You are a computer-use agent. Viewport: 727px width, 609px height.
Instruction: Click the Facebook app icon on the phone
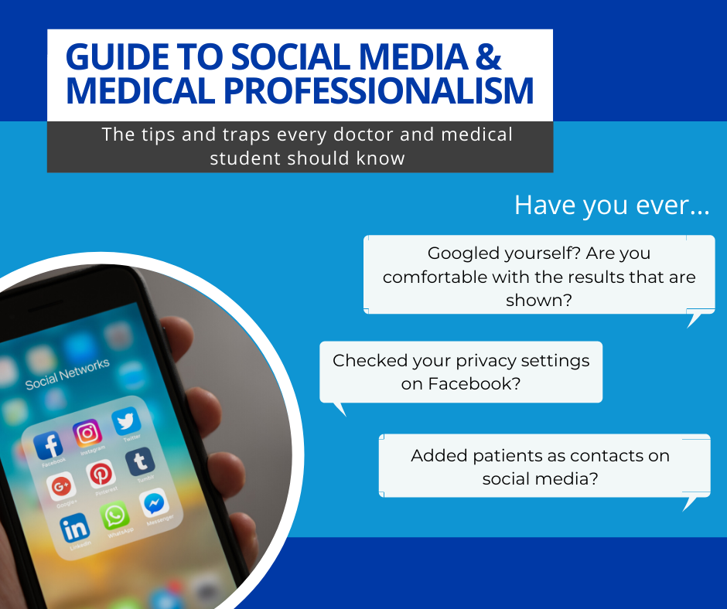pos(48,444)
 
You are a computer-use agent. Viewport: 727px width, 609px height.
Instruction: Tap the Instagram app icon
pos(87,433)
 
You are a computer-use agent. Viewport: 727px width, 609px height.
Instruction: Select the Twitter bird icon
pos(126,421)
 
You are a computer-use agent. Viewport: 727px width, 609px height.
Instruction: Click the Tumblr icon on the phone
pos(140,461)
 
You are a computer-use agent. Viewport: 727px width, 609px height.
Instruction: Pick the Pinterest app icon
pos(101,474)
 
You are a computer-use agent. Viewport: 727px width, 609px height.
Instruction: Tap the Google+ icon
pos(61,485)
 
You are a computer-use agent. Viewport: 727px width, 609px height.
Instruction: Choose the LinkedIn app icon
pos(75,527)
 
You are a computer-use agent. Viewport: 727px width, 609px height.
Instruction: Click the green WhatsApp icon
pos(114,515)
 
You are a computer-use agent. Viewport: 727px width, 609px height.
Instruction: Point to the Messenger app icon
pos(154,502)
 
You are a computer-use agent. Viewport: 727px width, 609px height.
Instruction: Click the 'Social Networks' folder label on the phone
pos(67,374)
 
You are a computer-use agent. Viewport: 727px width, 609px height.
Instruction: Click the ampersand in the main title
pos(488,57)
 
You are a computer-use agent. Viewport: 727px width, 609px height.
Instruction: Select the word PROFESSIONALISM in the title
pos(379,90)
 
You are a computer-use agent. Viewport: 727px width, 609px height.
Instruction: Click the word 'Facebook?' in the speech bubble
pos(474,384)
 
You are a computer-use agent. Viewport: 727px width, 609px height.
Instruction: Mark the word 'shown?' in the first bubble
pos(539,301)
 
